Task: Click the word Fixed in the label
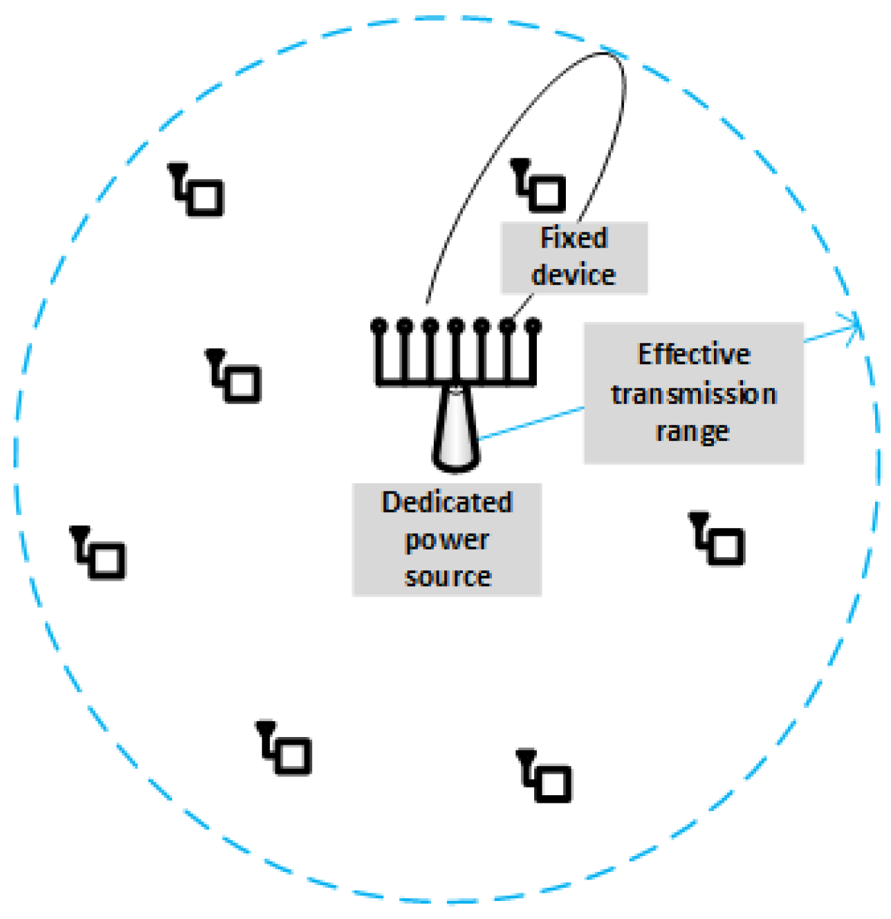[x=573, y=238]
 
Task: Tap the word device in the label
[x=573, y=275]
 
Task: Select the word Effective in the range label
[x=694, y=354]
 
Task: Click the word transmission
[x=694, y=394]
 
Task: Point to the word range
[x=692, y=432]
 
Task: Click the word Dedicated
[x=447, y=502]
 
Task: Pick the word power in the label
[x=447, y=540]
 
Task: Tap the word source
[x=448, y=576]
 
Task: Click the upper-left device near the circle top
[x=198, y=191]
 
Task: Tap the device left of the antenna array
[x=235, y=378]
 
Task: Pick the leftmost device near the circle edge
[x=100, y=554]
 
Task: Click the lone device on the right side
[x=719, y=540]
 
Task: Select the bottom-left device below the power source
[x=286, y=749]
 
